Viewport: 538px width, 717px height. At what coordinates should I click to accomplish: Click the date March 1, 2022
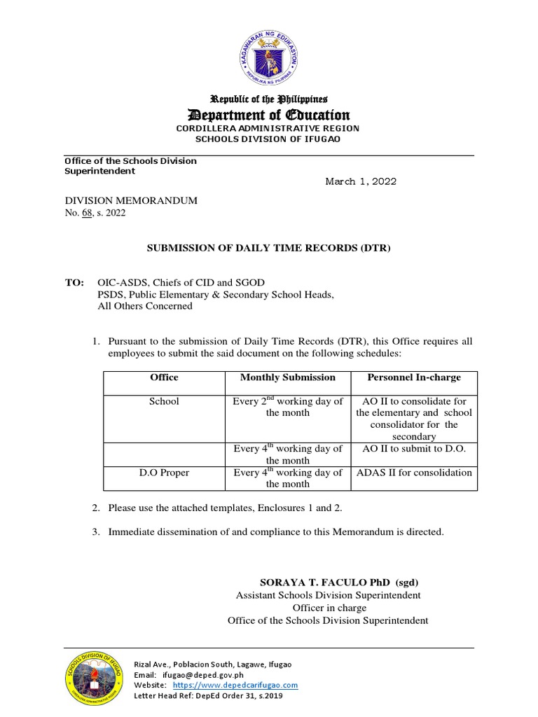point(361,181)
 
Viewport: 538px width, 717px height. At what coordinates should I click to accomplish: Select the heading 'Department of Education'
point(268,115)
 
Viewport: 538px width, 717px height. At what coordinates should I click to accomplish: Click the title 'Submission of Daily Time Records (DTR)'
point(268,248)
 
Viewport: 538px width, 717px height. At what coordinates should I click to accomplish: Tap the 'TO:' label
point(74,282)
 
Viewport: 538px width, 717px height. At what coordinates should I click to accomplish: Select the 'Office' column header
point(164,377)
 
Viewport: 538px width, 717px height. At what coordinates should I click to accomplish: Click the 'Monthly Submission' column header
point(287,377)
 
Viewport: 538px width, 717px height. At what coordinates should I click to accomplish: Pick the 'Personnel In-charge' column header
point(414,377)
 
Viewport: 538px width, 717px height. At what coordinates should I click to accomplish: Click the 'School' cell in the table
point(164,401)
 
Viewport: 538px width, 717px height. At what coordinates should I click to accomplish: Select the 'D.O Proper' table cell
point(164,473)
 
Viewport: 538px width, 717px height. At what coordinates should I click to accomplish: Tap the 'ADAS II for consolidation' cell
point(414,473)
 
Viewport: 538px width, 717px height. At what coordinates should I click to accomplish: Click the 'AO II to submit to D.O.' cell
point(414,448)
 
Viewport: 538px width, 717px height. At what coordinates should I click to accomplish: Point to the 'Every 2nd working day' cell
point(287,407)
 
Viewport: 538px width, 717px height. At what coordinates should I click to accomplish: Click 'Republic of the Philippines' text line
point(270,99)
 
